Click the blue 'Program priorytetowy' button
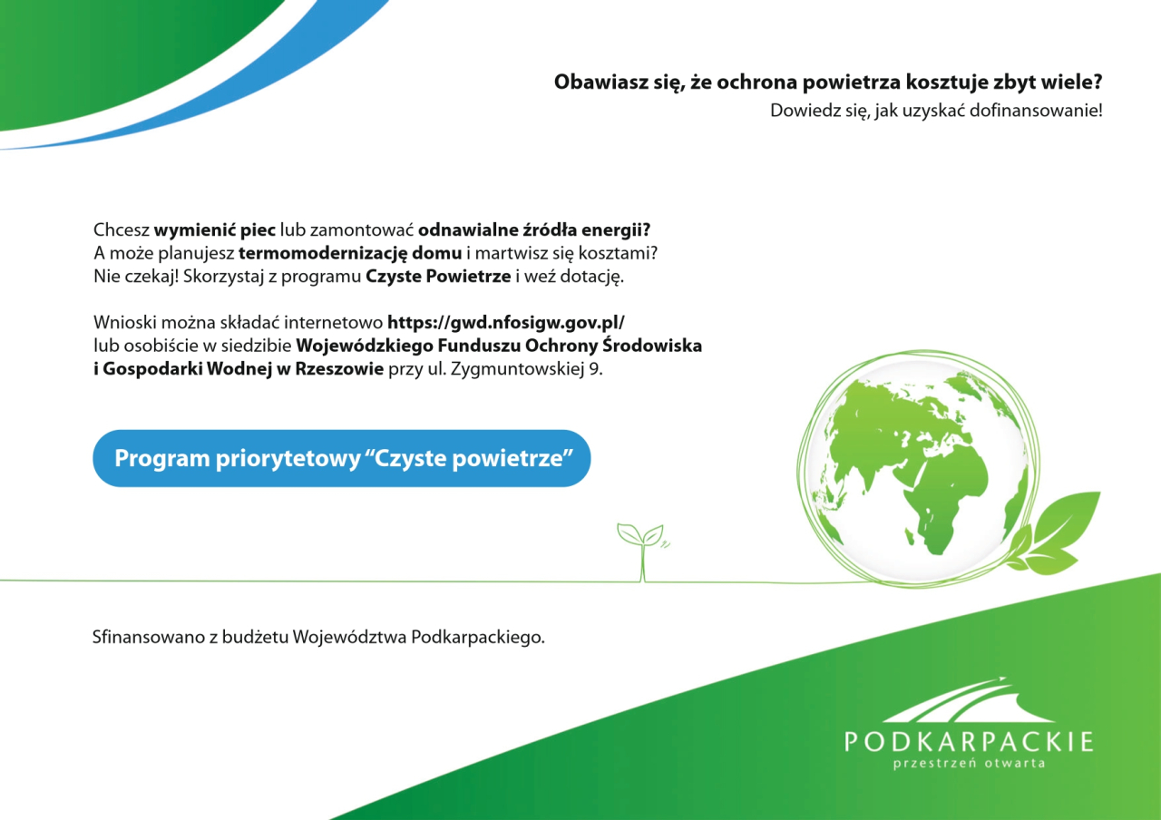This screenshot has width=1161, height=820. click(342, 458)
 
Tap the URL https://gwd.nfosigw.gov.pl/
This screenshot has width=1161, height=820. click(506, 323)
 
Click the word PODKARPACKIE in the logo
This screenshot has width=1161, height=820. click(969, 742)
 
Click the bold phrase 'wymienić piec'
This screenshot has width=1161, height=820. click(215, 229)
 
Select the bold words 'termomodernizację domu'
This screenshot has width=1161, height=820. click(350, 253)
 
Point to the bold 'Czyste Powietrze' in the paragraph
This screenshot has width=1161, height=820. click(438, 277)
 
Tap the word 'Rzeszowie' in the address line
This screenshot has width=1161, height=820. click(339, 369)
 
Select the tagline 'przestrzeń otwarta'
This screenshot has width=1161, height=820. click(969, 764)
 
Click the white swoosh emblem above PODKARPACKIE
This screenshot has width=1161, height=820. click(968, 699)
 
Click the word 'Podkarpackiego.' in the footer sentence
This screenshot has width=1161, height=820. click(478, 638)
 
